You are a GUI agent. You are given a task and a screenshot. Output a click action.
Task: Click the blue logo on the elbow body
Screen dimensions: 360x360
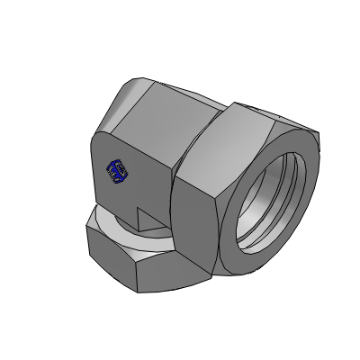pos(114,167)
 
